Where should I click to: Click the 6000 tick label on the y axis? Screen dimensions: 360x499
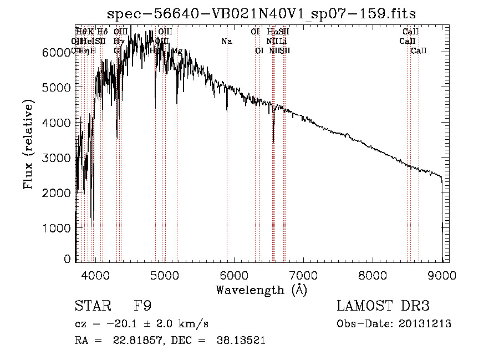[x=57, y=52]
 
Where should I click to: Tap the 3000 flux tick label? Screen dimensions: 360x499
[x=57, y=158]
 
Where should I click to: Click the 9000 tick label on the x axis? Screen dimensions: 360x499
[x=442, y=275]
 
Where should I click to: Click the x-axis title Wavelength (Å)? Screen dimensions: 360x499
[x=261, y=290]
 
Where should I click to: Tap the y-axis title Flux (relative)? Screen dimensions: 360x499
[x=28, y=144]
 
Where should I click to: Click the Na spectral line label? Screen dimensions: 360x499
[x=226, y=41]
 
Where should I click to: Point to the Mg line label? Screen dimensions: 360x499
[x=177, y=51]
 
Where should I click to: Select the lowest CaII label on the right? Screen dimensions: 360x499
[x=419, y=51]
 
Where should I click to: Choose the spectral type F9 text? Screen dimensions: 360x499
[x=142, y=306]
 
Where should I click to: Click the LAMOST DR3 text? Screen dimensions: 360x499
[x=383, y=306]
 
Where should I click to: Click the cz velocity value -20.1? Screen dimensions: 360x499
[x=118, y=324]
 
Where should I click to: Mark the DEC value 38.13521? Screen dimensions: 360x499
[x=242, y=341]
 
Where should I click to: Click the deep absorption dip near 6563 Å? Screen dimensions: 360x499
[x=273, y=136]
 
